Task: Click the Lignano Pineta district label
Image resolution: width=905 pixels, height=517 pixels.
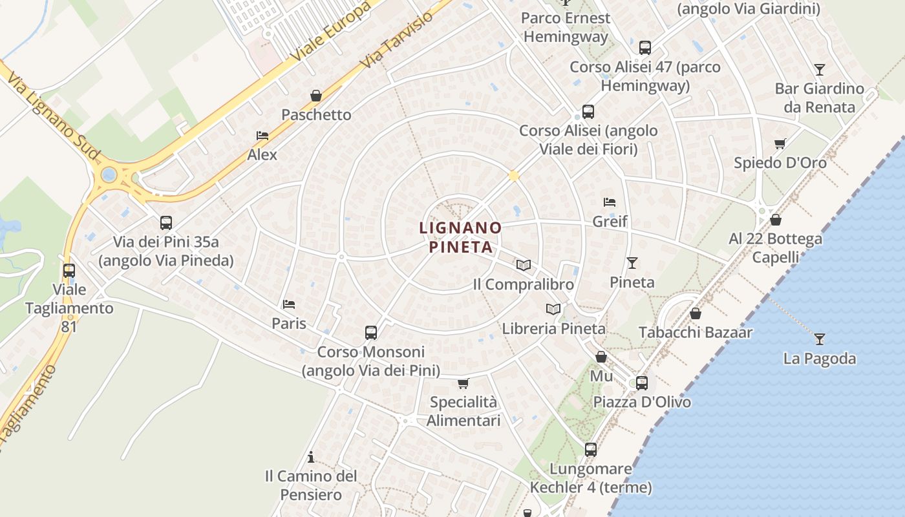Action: pyautogui.click(x=460, y=237)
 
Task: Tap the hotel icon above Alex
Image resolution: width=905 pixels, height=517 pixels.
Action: pyautogui.click(x=262, y=136)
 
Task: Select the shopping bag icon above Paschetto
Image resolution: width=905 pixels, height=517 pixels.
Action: pyautogui.click(x=316, y=96)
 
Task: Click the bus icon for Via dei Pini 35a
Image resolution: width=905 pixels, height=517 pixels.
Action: pyautogui.click(x=166, y=223)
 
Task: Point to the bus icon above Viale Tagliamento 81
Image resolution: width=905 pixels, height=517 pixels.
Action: pyautogui.click(x=69, y=271)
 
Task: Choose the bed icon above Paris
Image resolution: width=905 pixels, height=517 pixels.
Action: pyautogui.click(x=289, y=304)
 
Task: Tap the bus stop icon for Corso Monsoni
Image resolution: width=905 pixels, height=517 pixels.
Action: pyautogui.click(x=370, y=333)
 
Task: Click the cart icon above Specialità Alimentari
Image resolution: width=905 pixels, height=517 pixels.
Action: pyautogui.click(x=463, y=383)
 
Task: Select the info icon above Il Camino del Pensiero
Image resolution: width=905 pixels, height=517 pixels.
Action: pyautogui.click(x=311, y=458)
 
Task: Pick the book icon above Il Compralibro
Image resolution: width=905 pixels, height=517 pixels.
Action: pyautogui.click(x=523, y=265)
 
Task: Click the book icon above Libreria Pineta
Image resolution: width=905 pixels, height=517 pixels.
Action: pyautogui.click(x=553, y=309)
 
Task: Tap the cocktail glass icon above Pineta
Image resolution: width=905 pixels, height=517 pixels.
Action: pyautogui.click(x=632, y=263)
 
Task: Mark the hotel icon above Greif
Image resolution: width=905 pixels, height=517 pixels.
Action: pyautogui.click(x=609, y=202)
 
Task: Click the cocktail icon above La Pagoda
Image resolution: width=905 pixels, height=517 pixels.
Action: pyautogui.click(x=820, y=339)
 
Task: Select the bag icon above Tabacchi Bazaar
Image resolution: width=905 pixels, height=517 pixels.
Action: pyautogui.click(x=696, y=313)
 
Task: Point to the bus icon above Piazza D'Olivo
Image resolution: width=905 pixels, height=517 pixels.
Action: pyautogui.click(x=641, y=383)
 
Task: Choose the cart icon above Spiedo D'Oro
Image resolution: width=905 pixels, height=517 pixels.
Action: pyautogui.click(x=780, y=143)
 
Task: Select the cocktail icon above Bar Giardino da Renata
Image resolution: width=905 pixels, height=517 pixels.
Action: pyautogui.click(x=820, y=69)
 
